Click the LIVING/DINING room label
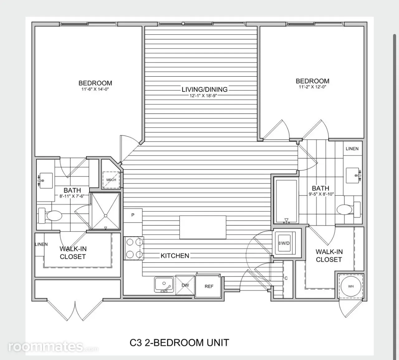point(204,89)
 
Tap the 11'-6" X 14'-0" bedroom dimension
point(95,89)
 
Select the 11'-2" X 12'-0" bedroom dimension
point(312,87)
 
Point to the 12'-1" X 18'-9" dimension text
point(203,96)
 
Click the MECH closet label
point(111,180)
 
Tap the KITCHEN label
point(175,256)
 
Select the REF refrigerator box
point(209,286)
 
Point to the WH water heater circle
point(351,286)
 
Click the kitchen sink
point(164,284)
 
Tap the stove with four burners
point(134,248)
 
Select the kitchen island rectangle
point(203,227)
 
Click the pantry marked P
point(133,215)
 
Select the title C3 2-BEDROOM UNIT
point(180,343)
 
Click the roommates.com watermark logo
point(53,347)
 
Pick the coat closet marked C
point(288,280)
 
